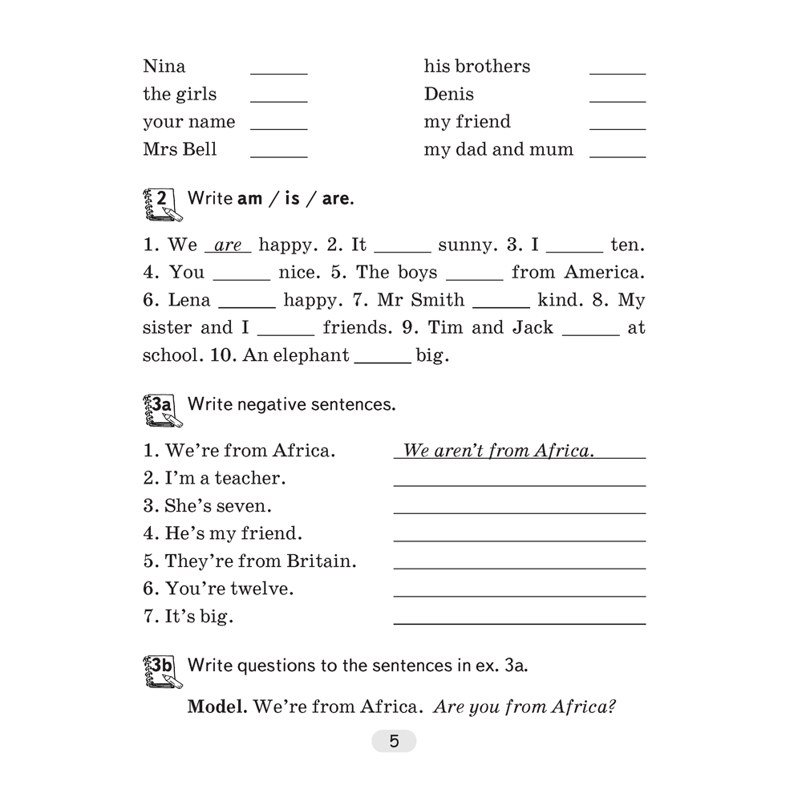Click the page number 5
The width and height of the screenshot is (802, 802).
tap(394, 741)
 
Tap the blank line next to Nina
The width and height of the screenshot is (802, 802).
tap(278, 72)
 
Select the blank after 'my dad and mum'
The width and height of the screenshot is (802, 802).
tap(617, 156)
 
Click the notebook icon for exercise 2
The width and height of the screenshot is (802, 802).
tap(161, 204)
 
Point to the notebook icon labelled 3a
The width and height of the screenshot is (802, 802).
tap(161, 411)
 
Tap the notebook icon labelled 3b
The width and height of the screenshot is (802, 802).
tap(161, 671)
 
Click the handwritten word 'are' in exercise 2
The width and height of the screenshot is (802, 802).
tap(229, 245)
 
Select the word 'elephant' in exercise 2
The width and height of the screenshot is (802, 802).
tap(311, 355)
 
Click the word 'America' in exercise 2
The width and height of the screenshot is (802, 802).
tap(603, 273)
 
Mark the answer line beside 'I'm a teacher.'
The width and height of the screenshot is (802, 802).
tap(519, 484)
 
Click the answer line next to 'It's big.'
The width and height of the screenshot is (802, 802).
tap(519, 622)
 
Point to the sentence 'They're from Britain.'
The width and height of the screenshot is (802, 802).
tap(249, 561)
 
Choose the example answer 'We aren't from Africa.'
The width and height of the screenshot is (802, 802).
tap(498, 451)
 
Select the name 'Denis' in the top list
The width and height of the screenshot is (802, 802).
tap(448, 94)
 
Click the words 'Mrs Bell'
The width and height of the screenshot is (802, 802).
tap(180, 149)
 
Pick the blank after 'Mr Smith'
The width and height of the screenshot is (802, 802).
tap(501, 306)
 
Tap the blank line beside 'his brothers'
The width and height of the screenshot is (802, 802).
tap(617, 72)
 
